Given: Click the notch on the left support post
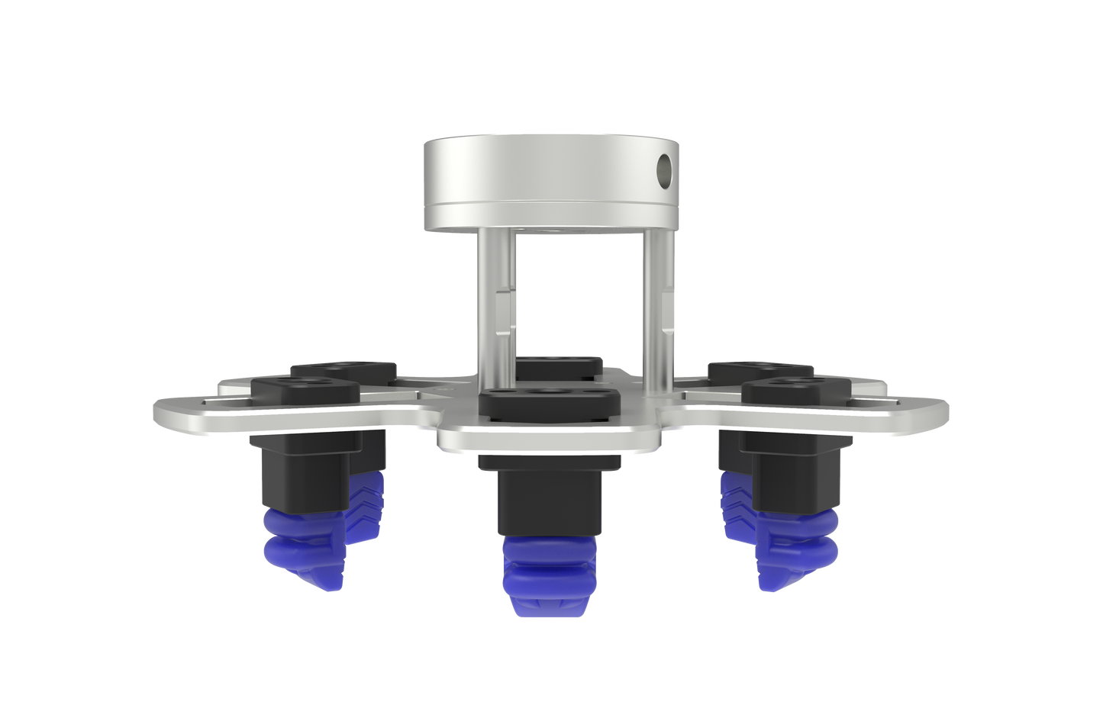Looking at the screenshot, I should (x=502, y=313).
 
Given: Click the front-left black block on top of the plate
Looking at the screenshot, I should (x=305, y=391).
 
